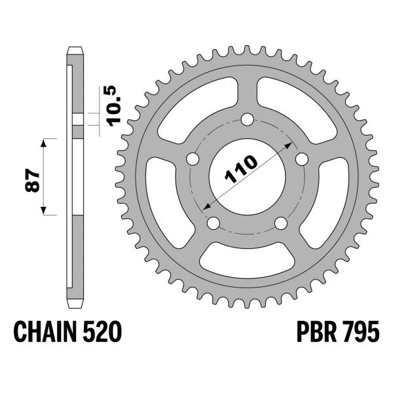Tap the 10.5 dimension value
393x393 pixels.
[107, 106]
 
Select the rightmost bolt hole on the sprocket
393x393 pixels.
[301, 159]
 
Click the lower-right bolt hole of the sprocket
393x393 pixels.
[280, 224]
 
